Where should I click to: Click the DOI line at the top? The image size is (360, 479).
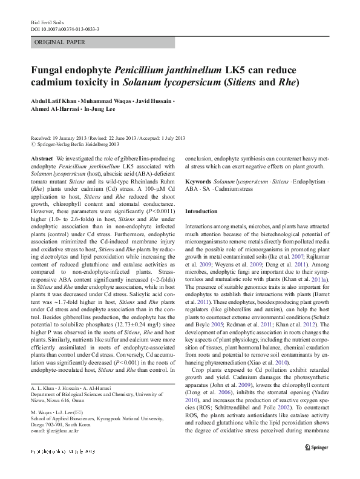(65, 28)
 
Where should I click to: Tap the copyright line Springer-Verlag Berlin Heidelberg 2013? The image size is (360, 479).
(82, 145)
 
